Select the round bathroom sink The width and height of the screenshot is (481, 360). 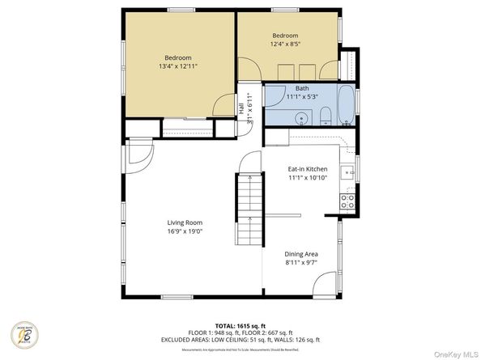[x=300, y=117]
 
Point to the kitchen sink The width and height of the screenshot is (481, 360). [x=347, y=172]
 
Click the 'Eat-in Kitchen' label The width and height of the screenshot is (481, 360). [x=308, y=169]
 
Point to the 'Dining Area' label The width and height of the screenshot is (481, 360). [x=300, y=254]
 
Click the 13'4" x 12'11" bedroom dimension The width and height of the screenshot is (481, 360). [x=178, y=67]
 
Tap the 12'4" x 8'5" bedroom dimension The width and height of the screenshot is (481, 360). [x=285, y=45]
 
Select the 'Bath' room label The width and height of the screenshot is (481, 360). [x=301, y=88]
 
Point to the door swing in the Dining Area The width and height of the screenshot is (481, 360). [x=326, y=284]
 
